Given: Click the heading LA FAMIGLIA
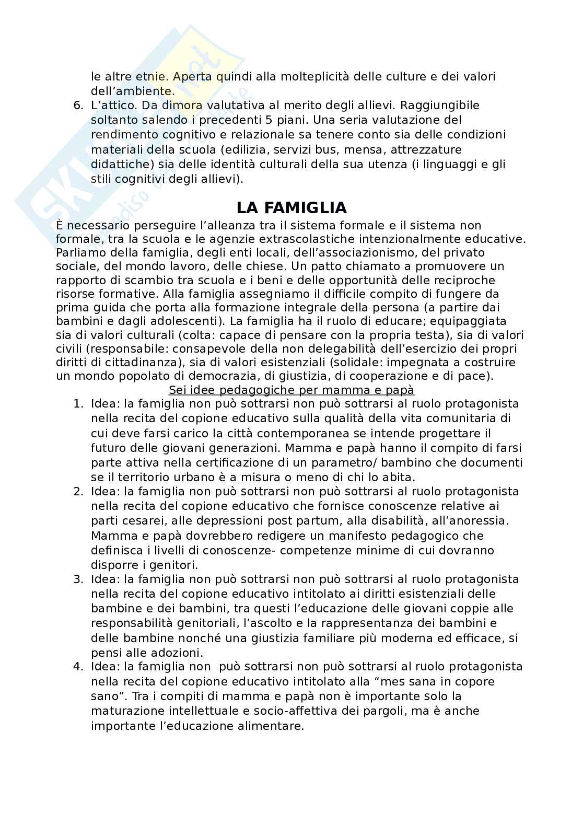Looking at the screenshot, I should coord(291,208).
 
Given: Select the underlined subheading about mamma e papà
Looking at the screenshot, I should coord(291,390).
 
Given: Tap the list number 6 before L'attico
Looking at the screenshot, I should coord(78,106).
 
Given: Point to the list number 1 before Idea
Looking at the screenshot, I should coord(78,404).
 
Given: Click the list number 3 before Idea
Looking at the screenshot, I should coord(78,579).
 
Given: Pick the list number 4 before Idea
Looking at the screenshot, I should coord(78,667).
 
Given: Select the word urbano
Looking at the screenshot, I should coord(181,478).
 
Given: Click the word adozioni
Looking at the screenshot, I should coord(177,653).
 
